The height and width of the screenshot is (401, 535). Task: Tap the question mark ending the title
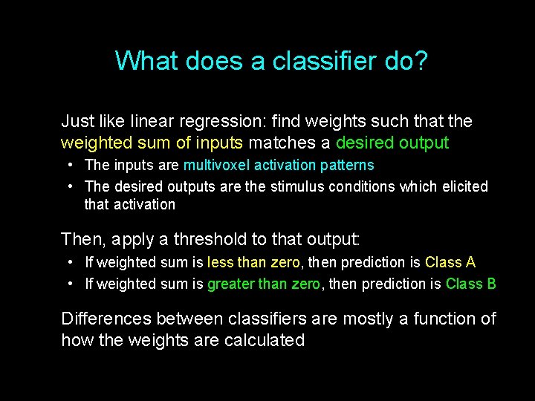[x=421, y=61]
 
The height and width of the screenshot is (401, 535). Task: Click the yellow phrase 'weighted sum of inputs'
[x=152, y=143]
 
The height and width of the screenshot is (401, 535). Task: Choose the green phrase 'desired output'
[x=392, y=143]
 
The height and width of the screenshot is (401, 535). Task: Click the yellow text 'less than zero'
[x=253, y=262]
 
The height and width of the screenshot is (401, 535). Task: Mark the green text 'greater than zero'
[x=264, y=284]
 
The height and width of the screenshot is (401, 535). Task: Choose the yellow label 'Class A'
[x=450, y=262]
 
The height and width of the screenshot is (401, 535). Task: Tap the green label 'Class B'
[x=471, y=284]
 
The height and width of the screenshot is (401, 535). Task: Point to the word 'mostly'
[x=367, y=319]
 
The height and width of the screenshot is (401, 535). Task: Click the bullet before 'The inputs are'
[x=68, y=165]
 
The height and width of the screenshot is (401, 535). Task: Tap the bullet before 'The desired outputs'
[x=68, y=186]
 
